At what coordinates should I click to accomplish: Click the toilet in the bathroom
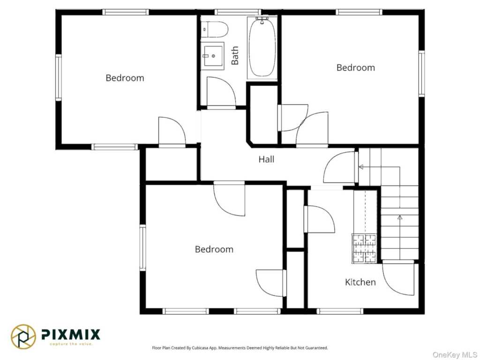pos(214,30)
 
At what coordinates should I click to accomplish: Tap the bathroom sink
pos(212,56)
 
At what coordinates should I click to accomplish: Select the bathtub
pos(262,47)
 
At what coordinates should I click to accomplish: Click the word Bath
pos(235,56)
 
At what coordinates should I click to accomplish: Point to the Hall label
pos(266,159)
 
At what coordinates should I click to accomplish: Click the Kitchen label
pos(360,282)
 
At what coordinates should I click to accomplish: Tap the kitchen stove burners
pos(364,248)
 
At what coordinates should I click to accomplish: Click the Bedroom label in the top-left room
pos(125,78)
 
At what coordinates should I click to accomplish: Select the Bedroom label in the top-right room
pos(356,67)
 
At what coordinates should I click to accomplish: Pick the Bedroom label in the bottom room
pos(214,249)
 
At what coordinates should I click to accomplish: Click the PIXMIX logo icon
pos(23,337)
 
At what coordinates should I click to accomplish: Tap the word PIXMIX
pos(71,334)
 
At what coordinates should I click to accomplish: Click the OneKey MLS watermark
pos(455,355)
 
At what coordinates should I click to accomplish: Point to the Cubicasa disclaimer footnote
pos(240,348)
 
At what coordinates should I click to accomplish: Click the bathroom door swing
pos(221,92)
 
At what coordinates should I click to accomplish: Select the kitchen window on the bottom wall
pos(340,311)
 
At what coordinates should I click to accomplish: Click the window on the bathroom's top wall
pos(238,12)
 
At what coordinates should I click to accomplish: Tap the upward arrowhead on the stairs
pos(400,217)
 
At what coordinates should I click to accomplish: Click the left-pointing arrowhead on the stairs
pos(361,167)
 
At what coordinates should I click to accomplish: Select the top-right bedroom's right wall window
pos(421,74)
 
